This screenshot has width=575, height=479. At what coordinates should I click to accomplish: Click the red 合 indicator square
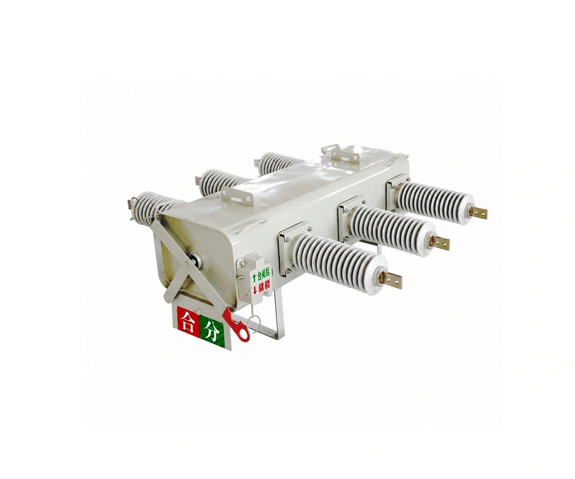pyautogui.click(x=188, y=322)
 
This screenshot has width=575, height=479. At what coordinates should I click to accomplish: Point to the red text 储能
pyautogui.click(x=264, y=286)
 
